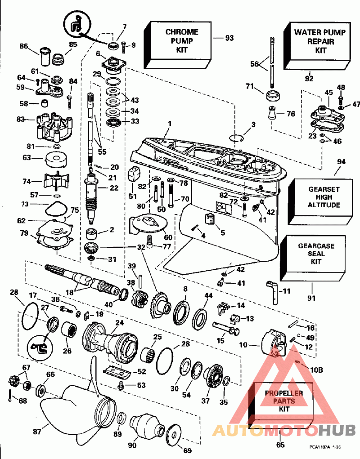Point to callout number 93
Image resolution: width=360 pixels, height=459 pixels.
(229, 38)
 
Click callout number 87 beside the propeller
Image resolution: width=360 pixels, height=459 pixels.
(36, 432)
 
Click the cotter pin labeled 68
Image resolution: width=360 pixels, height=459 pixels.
(9, 395)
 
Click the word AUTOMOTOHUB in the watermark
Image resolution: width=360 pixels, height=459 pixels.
(283, 431)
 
